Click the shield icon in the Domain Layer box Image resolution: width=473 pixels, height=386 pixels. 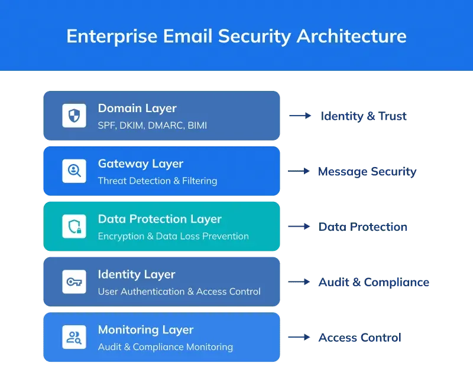74,116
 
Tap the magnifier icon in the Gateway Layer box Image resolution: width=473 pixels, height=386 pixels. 74,171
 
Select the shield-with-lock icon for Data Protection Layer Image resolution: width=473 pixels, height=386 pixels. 74,227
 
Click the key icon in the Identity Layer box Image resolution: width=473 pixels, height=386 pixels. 74,282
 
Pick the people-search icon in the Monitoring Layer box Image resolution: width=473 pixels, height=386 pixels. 74,337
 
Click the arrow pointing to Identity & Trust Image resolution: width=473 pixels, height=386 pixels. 300,116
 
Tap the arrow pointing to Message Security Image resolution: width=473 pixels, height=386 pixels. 299,171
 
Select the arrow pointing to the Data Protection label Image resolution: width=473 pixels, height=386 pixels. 299,227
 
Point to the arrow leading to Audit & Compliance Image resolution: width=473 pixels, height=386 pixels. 299,282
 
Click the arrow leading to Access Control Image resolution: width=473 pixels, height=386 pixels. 299,337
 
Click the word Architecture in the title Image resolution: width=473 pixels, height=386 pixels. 351,36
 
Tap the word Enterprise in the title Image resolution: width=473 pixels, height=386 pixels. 112,37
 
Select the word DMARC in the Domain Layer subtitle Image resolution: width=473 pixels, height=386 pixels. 165,125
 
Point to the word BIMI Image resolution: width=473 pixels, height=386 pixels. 197,125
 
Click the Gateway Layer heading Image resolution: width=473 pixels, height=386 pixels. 141,164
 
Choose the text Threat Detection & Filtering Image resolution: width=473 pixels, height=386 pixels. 157,181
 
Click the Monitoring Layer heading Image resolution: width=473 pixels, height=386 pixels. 145,330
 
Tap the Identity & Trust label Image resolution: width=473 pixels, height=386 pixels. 364,116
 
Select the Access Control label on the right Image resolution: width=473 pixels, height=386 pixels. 360,338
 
